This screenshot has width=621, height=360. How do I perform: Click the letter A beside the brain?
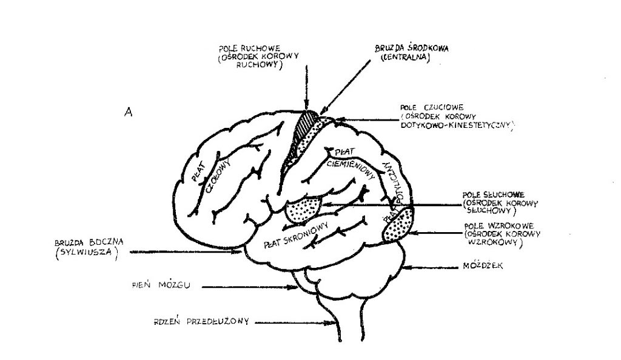128,112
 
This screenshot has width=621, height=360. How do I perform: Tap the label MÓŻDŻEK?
476,265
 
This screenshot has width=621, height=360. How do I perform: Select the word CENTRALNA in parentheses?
404,59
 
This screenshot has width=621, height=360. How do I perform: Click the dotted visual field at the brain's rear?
398,225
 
